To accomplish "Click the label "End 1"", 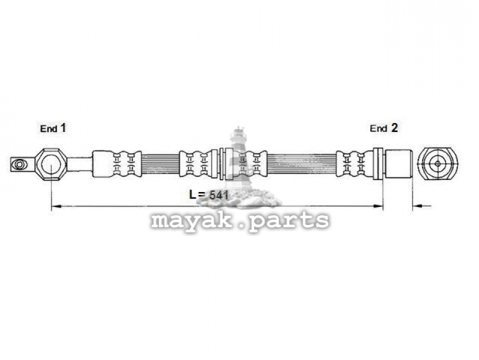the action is pyautogui.click(x=53, y=128).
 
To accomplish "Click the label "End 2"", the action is pyautogui.click(x=384, y=128).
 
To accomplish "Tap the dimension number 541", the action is pyautogui.click(x=218, y=195).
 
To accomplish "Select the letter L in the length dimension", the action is pyautogui.click(x=193, y=194).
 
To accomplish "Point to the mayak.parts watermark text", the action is pyautogui.click(x=240, y=220).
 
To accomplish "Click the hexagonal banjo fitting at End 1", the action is pyautogui.click(x=50, y=164).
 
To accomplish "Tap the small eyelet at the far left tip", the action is pyautogui.click(x=19, y=164).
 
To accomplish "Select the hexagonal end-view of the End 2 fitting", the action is pyautogui.click(x=438, y=163).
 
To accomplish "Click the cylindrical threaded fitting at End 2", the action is pyautogui.click(x=399, y=164).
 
